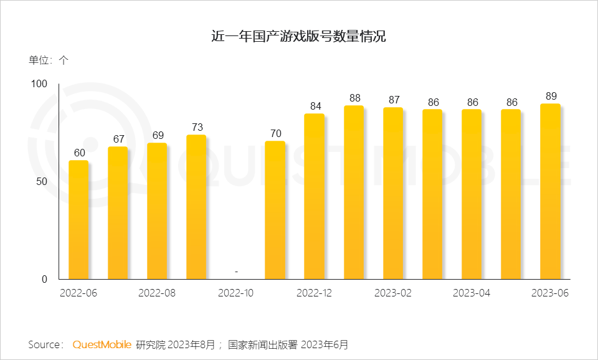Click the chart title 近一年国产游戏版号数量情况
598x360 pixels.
[x=298, y=37]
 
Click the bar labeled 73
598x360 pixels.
[x=196, y=207]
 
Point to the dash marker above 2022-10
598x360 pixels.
[x=235, y=272]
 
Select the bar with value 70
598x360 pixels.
[x=275, y=210]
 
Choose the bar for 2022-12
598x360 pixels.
[x=314, y=196]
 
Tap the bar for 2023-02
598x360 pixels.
[x=393, y=193]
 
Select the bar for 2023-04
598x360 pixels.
[x=472, y=194]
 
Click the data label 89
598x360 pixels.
[x=551, y=96]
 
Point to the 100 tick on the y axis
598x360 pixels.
[x=39, y=83]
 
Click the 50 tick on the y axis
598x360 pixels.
[x=42, y=181]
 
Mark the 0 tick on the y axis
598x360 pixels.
[x=44, y=279]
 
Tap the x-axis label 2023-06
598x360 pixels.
[x=550, y=293]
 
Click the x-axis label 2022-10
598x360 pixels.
[x=235, y=293]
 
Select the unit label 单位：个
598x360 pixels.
[x=49, y=60]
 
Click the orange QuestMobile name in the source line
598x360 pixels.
[x=102, y=344]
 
